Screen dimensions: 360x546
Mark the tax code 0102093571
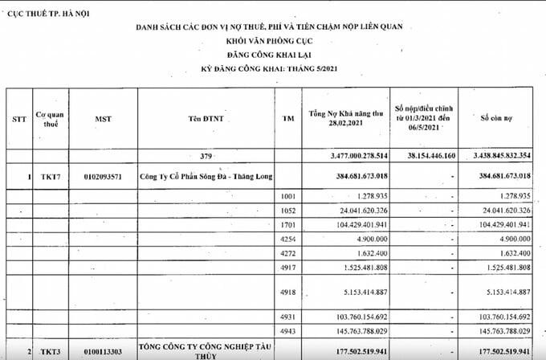click(x=102, y=175)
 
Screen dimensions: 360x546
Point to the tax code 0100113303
click(x=102, y=350)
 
